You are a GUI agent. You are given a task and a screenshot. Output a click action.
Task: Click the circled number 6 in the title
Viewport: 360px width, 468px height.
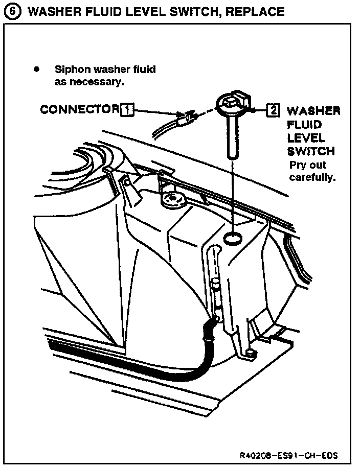pyautogui.click(x=10, y=11)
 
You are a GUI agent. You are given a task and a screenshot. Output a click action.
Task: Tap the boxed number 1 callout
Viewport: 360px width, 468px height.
pyautogui.click(x=127, y=110)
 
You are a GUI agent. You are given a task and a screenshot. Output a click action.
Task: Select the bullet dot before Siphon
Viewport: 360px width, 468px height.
pyautogui.click(x=36, y=69)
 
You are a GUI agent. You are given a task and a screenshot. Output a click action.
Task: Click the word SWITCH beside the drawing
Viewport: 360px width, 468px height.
pyautogui.click(x=311, y=151)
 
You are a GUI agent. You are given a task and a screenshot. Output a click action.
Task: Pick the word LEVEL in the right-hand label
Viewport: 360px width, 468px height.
pyautogui.click(x=305, y=138)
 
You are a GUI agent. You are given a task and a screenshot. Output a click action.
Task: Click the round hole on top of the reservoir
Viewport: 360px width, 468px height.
pyautogui.click(x=233, y=237)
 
